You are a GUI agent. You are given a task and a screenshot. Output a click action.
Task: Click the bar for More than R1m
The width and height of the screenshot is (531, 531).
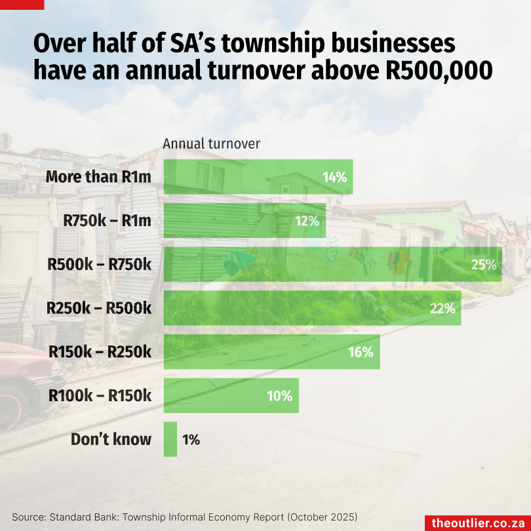258,177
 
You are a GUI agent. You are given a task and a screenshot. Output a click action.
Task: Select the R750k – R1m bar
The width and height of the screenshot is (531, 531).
244,221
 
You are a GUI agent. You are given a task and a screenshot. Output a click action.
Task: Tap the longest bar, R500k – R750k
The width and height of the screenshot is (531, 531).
332,265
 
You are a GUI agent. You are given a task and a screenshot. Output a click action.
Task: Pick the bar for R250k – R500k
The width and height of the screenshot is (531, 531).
312,308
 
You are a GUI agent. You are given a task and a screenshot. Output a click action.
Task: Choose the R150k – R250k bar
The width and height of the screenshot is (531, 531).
271,352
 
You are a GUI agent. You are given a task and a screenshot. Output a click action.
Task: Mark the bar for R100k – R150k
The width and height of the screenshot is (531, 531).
231,395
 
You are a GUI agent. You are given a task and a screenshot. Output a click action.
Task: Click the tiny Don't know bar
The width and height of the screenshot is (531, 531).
170,439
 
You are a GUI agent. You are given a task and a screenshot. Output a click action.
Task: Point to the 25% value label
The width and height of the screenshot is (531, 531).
483,265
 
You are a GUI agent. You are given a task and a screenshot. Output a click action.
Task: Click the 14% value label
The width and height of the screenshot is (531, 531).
334,177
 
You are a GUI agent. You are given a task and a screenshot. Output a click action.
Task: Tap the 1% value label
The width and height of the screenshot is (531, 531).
191,439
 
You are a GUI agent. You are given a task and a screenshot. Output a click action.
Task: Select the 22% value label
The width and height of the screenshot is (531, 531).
442,308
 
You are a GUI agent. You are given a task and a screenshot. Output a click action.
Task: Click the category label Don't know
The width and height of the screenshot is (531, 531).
111,439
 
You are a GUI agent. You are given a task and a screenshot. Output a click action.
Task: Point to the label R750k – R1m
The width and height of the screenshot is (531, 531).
108,221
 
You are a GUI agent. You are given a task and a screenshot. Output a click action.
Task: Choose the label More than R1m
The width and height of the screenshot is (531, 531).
98,177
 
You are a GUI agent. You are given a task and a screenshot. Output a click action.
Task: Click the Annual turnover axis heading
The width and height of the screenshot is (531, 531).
211,144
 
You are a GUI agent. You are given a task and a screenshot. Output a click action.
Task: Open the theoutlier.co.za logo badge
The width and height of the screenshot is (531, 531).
477,522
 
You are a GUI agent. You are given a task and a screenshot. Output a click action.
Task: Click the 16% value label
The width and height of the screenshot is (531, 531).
361,352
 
